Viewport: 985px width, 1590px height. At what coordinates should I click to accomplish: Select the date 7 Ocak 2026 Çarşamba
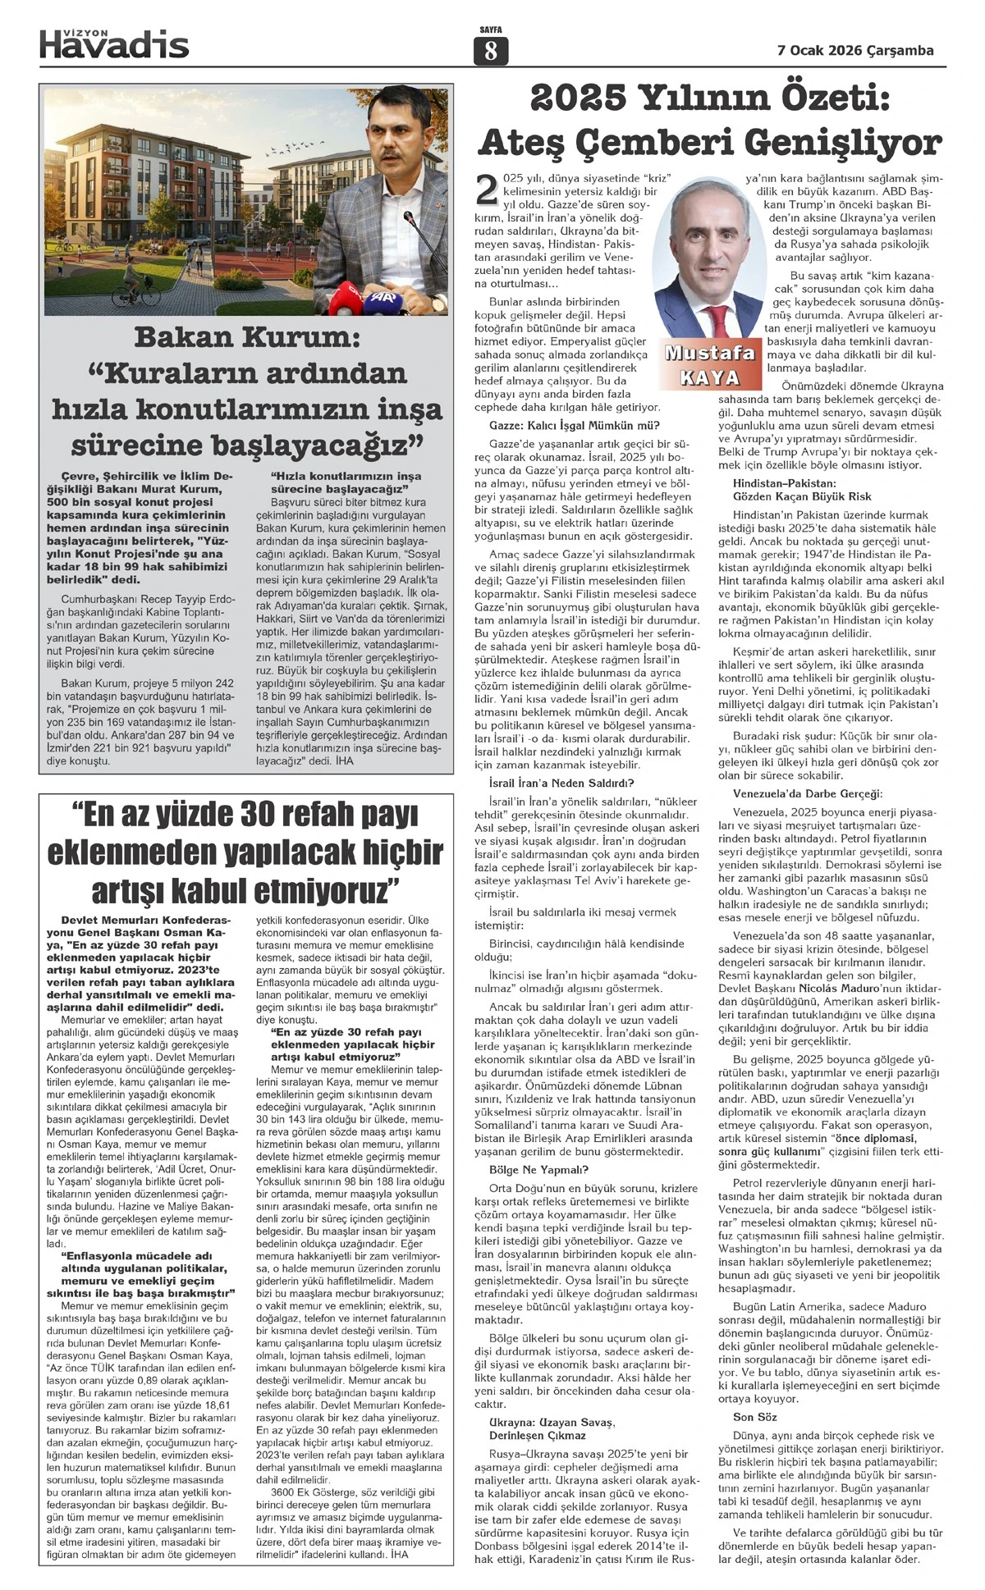coord(855,50)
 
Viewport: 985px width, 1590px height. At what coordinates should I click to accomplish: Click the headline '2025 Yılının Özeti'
coord(710,99)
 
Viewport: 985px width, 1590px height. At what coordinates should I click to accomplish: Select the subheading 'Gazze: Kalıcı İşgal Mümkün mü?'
coord(574,425)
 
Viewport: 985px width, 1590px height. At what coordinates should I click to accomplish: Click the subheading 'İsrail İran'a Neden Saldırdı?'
coord(561,783)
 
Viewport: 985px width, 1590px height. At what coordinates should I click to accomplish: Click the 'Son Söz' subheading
coord(754,1417)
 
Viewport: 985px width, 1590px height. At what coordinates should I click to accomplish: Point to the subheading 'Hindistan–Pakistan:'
coord(784,483)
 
